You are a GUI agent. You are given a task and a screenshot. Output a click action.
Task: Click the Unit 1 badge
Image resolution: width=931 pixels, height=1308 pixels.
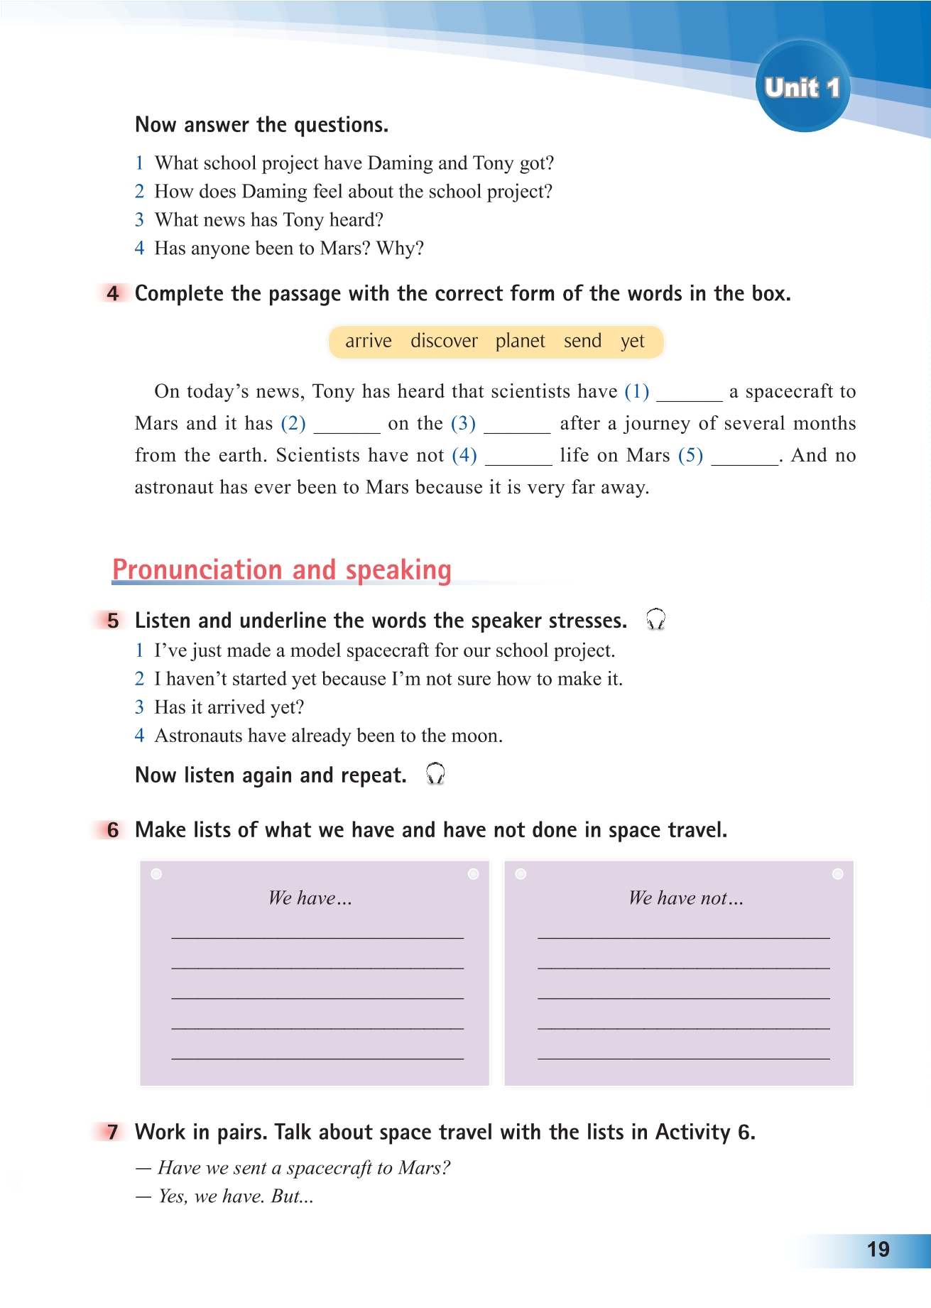pyautogui.click(x=802, y=87)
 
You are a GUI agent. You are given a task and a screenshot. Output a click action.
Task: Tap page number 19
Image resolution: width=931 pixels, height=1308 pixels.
pyautogui.click(x=878, y=1249)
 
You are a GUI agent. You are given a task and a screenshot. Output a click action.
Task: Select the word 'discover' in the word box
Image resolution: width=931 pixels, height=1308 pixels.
pyautogui.click(x=444, y=342)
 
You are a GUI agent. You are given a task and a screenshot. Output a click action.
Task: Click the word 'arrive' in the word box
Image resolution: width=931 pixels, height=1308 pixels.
pyautogui.click(x=368, y=342)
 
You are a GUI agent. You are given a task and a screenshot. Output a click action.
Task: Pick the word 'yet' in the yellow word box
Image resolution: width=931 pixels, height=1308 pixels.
pyautogui.click(x=632, y=342)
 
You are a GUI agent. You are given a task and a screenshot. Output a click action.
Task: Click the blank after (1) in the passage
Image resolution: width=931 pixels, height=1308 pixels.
pyautogui.click(x=689, y=394)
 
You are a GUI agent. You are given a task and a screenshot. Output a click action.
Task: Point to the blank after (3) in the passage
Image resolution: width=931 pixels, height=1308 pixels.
pyautogui.click(x=517, y=426)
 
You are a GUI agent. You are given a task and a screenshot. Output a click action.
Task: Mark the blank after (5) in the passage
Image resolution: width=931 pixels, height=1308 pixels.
pyautogui.click(x=744, y=458)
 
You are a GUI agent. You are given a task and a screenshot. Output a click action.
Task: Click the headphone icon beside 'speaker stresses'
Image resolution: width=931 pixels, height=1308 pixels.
pyautogui.click(x=655, y=619)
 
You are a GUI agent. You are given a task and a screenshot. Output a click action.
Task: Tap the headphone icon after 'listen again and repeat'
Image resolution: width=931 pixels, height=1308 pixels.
pyautogui.click(x=435, y=773)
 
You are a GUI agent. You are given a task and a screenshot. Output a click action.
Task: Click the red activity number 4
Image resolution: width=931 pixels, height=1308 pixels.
pyautogui.click(x=113, y=293)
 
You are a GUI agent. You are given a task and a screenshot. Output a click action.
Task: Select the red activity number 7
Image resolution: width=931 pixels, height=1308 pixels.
pyautogui.click(x=113, y=1131)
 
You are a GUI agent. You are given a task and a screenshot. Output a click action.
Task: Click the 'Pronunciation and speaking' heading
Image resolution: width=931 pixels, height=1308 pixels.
pyautogui.click(x=282, y=570)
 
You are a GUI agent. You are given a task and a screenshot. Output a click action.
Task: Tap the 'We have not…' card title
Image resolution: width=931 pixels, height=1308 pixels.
pyautogui.click(x=685, y=898)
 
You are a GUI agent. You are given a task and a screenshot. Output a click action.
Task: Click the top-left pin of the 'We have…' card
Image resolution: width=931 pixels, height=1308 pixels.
pyautogui.click(x=157, y=874)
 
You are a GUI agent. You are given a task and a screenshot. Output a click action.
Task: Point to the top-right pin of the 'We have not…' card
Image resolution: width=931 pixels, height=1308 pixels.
pyautogui.click(x=837, y=874)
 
